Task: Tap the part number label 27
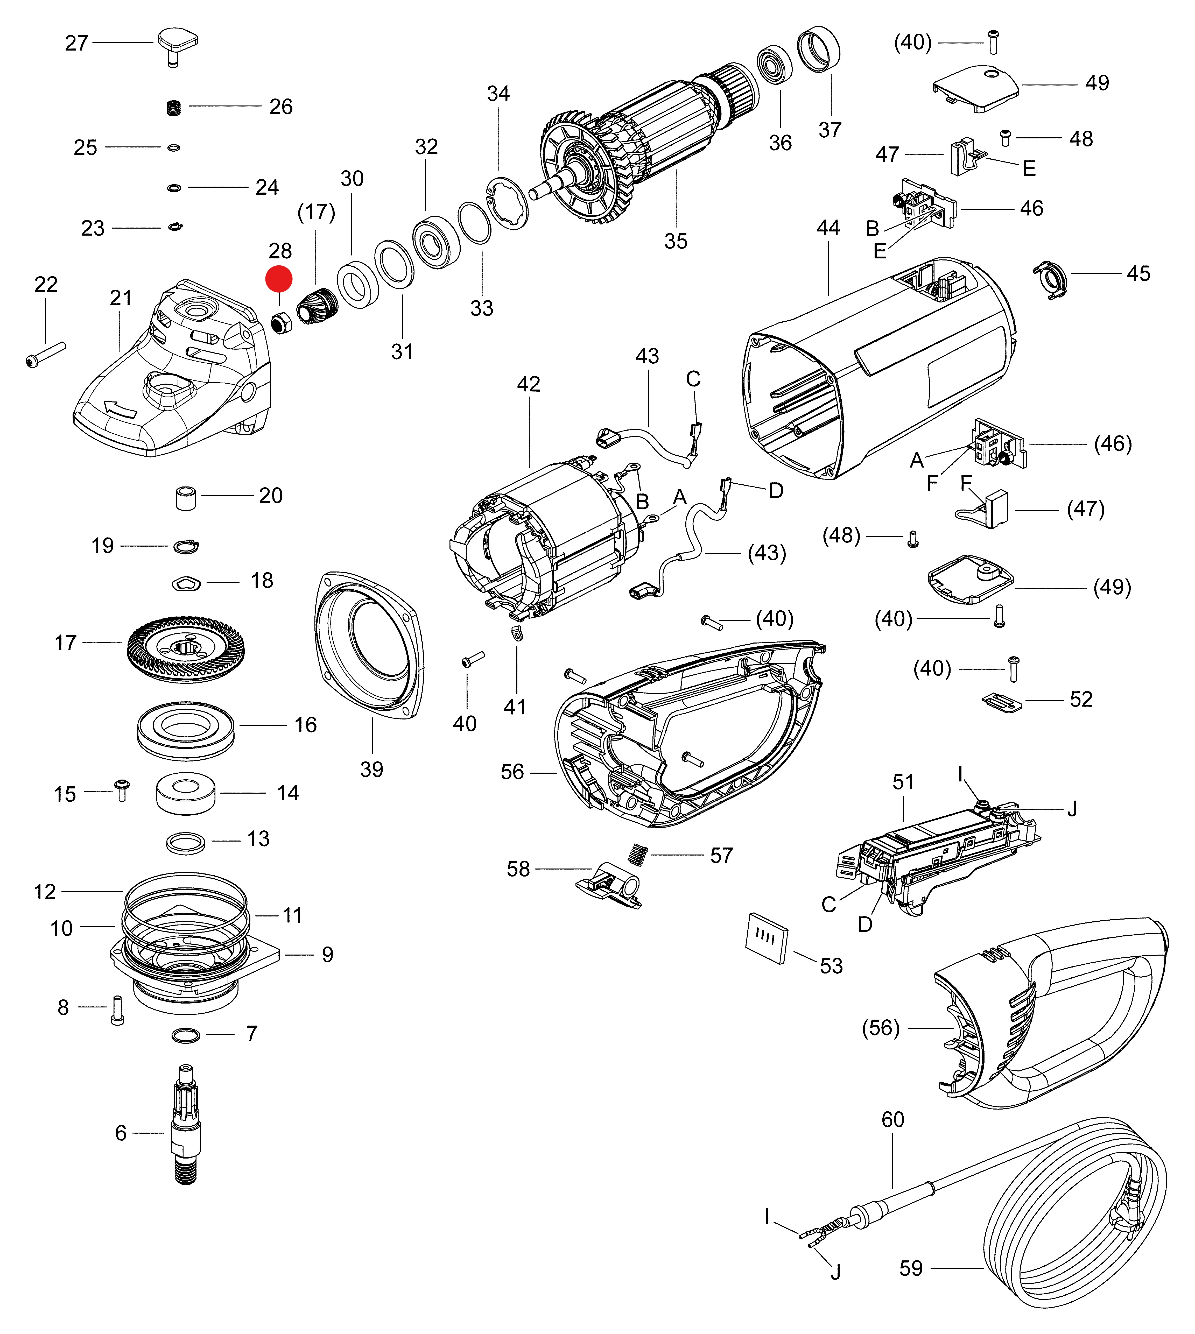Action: tap(76, 43)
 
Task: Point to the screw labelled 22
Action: tap(46, 353)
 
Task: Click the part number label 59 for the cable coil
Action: tap(911, 1268)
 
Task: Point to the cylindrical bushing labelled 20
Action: tap(186, 498)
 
